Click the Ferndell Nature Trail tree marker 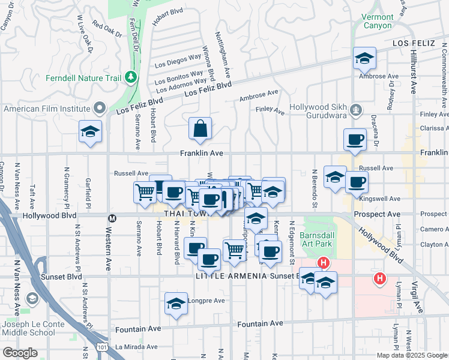[130, 77]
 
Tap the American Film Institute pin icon [100, 109]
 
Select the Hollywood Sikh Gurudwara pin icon [357, 109]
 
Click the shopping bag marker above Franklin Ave [200, 128]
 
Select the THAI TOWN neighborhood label [184, 214]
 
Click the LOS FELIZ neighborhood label [412, 44]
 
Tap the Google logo [20, 352]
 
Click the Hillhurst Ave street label [413, 72]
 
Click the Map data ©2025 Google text [411, 355]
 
